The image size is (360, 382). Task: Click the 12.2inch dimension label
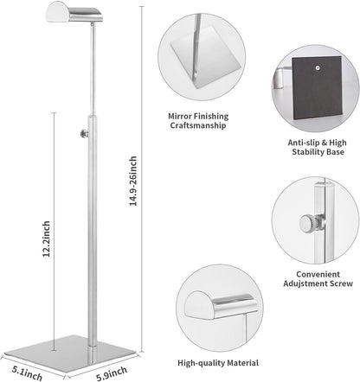[x=47, y=239]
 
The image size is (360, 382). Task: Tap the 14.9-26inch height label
[x=132, y=181]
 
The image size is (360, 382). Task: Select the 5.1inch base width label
[x=27, y=373]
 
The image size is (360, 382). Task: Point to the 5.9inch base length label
[x=112, y=373]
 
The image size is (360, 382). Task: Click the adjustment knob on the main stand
[x=84, y=134]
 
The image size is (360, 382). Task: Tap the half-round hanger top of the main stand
[x=74, y=11]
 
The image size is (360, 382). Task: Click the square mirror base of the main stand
[x=70, y=353]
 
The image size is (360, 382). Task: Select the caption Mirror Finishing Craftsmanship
[x=198, y=121]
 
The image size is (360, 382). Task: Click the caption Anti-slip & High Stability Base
[x=317, y=147]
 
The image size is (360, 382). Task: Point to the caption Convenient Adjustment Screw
[x=318, y=279]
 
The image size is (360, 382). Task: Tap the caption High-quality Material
[x=218, y=363]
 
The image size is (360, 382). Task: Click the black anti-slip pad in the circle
[x=317, y=88]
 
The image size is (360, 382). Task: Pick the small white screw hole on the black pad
[x=318, y=68]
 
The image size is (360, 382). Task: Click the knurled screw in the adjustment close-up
[x=311, y=224]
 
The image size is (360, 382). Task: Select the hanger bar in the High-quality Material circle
[x=221, y=305]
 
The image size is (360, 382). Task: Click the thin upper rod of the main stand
[x=93, y=69]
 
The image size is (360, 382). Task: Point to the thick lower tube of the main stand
[x=93, y=231]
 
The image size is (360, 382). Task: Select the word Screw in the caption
[x=342, y=283]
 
